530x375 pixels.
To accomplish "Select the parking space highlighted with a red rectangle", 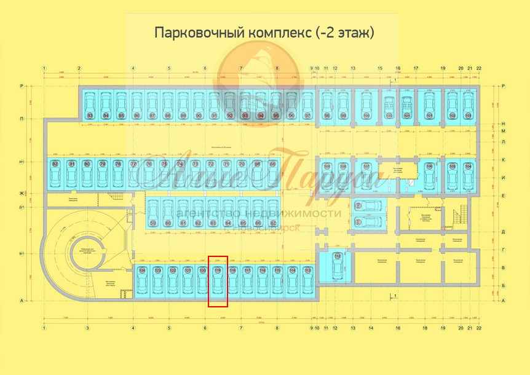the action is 218,282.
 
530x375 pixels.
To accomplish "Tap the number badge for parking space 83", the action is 90,116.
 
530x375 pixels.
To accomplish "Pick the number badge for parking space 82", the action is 55,164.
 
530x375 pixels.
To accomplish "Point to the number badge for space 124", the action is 142,270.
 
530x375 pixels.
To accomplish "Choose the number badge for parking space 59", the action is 153,223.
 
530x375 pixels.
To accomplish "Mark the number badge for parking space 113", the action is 307,270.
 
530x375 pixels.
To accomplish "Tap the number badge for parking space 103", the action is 469,116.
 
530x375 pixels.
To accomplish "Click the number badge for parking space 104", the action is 469,167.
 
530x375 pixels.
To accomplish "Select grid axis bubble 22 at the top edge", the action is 479,68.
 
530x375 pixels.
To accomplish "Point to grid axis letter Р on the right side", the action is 504,86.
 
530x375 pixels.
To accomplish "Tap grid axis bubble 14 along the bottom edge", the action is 371,328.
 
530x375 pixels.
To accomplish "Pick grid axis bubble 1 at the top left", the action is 44,68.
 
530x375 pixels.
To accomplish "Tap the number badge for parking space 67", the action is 272,223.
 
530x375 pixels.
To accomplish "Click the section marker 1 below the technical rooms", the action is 397,297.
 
